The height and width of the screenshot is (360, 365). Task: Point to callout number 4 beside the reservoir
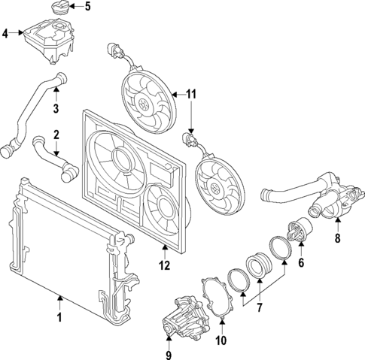[x=5, y=34]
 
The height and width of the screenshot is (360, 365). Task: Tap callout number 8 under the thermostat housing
[x=338, y=239]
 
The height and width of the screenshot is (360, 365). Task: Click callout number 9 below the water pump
[x=169, y=354]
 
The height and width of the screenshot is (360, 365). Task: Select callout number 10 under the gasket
[x=222, y=340]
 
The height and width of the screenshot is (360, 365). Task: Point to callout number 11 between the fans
[x=191, y=95]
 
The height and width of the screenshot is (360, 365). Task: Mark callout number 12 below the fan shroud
[x=165, y=265]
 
